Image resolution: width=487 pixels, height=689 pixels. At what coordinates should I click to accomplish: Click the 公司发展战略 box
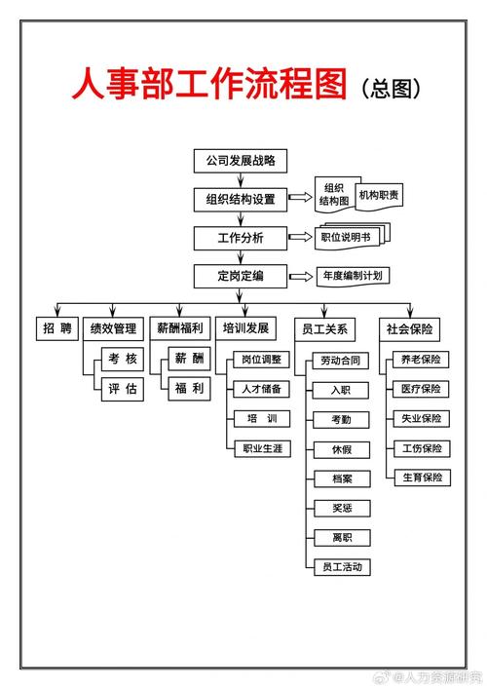(241, 160)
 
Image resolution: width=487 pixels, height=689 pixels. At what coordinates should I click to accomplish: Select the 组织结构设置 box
(241, 199)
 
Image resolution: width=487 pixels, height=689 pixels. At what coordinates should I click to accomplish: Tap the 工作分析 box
(241, 237)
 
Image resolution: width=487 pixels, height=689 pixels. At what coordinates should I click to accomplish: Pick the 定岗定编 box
(241, 276)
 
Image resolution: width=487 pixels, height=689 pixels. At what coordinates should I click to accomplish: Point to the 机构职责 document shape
(379, 195)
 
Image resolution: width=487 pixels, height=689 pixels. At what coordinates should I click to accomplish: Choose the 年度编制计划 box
(352, 276)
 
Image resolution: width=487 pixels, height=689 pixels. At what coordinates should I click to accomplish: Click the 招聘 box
(56, 328)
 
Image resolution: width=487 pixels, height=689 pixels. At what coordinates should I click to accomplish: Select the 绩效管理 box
(116, 328)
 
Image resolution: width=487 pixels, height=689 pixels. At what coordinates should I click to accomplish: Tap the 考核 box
(124, 360)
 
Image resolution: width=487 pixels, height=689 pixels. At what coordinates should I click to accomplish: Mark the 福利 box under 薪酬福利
(190, 389)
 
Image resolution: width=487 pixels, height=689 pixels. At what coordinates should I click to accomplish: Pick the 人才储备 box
(261, 389)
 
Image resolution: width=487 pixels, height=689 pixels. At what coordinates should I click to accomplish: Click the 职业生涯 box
(261, 448)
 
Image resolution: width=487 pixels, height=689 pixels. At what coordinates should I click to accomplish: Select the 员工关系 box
(325, 328)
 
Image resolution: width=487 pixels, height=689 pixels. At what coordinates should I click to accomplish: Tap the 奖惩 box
(342, 508)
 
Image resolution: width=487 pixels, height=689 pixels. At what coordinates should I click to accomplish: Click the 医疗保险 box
(421, 389)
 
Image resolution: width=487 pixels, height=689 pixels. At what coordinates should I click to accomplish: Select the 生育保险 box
(421, 478)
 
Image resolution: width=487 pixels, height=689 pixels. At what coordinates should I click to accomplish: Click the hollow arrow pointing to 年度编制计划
(302, 277)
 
